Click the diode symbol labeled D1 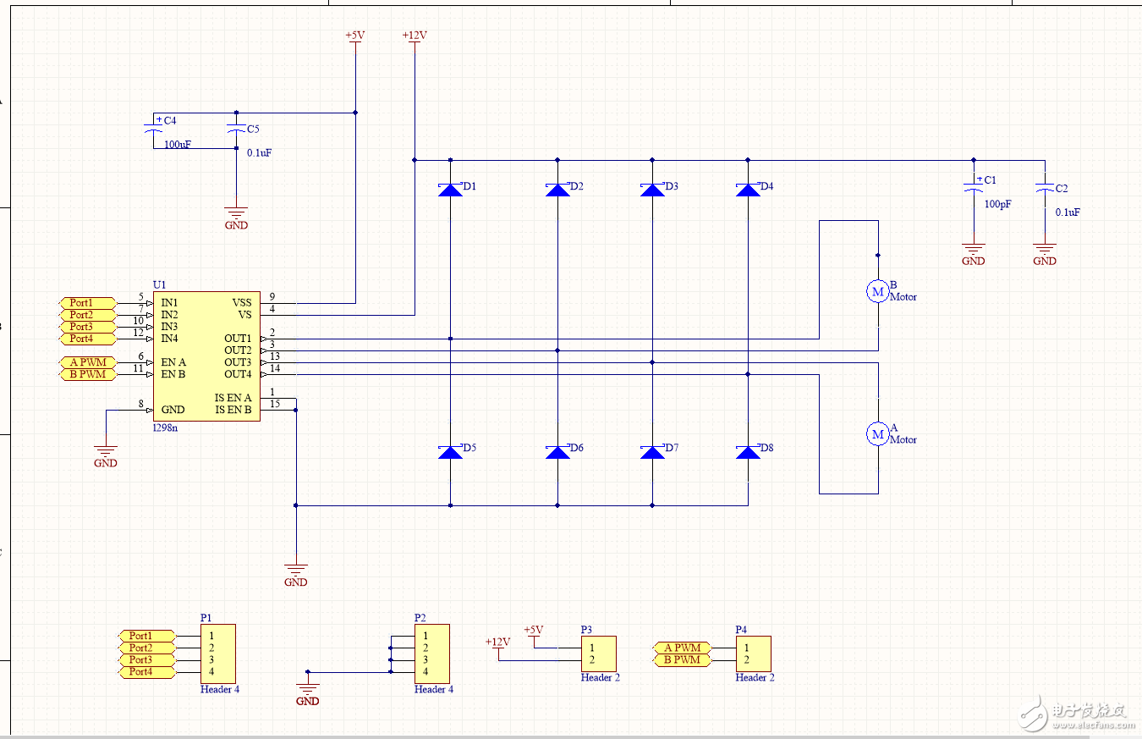450,190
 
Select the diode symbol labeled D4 748,190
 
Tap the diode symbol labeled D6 557,452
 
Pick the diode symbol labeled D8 748,452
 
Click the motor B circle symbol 878,291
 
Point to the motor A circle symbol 878,433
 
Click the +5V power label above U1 354,36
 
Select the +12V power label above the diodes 415,36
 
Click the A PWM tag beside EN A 88,362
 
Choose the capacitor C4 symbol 153,130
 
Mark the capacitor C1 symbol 974,188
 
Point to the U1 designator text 159,285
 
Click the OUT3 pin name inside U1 238,362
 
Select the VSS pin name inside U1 242,302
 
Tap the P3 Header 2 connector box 598,654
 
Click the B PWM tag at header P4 682,659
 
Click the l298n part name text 165,427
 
